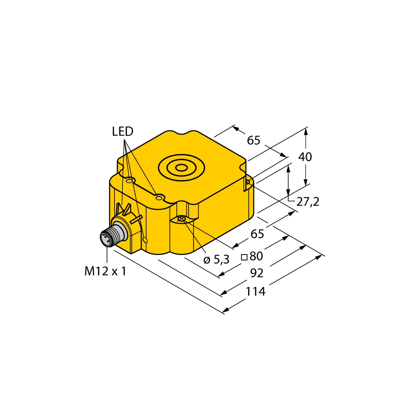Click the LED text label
[122, 131]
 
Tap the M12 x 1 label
[105, 271]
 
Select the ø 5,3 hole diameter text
[216, 260]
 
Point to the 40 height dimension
[305, 157]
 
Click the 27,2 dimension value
[308, 202]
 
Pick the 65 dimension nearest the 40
[254, 140]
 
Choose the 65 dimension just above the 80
[257, 234]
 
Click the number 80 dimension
[256, 256]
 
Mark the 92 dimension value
[257, 273]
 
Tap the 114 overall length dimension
[255, 292]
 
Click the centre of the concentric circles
[182, 168]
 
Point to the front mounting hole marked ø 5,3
[182, 219]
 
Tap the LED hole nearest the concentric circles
[160, 198]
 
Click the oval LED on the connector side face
[145, 240]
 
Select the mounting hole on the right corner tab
[248, 183]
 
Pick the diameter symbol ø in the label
[207, 260]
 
